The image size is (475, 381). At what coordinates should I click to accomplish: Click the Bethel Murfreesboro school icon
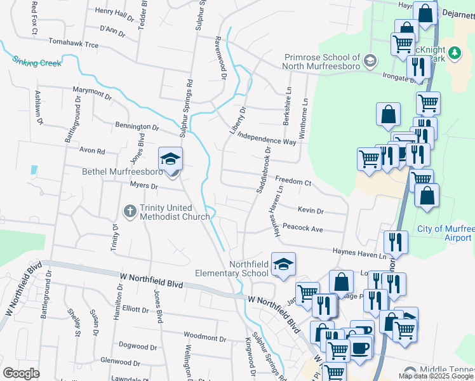(x=170, y=159)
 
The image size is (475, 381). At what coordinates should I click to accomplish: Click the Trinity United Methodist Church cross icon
(x=130, y=210)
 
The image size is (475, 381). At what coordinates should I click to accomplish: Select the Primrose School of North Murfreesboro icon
(x=370, y=61)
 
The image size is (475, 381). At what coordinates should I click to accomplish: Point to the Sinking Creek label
(x=37, y=62)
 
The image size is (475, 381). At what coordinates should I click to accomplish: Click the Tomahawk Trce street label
(x=74, y=45)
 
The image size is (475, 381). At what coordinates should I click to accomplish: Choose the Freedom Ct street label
(x=293, y=183)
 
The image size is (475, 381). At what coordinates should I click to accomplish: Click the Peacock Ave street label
(x=303, y=228)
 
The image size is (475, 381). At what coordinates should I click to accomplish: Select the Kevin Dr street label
(x=311, y=211)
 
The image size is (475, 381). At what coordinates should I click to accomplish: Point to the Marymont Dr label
(x=92, y=94)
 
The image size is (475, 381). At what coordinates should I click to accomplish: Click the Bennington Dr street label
(x=137, y=126)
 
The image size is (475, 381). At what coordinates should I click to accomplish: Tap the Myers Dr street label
(x=144, y=185)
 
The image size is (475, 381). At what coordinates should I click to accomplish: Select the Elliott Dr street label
(x=135, y=310)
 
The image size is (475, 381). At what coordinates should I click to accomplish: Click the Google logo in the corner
(x=21, y=373)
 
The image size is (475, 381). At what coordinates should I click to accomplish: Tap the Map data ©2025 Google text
(x=436, y=376)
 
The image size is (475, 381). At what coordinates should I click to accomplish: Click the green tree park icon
(x=454, y=53)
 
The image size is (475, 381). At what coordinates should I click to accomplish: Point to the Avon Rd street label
(x=91, y=152)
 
